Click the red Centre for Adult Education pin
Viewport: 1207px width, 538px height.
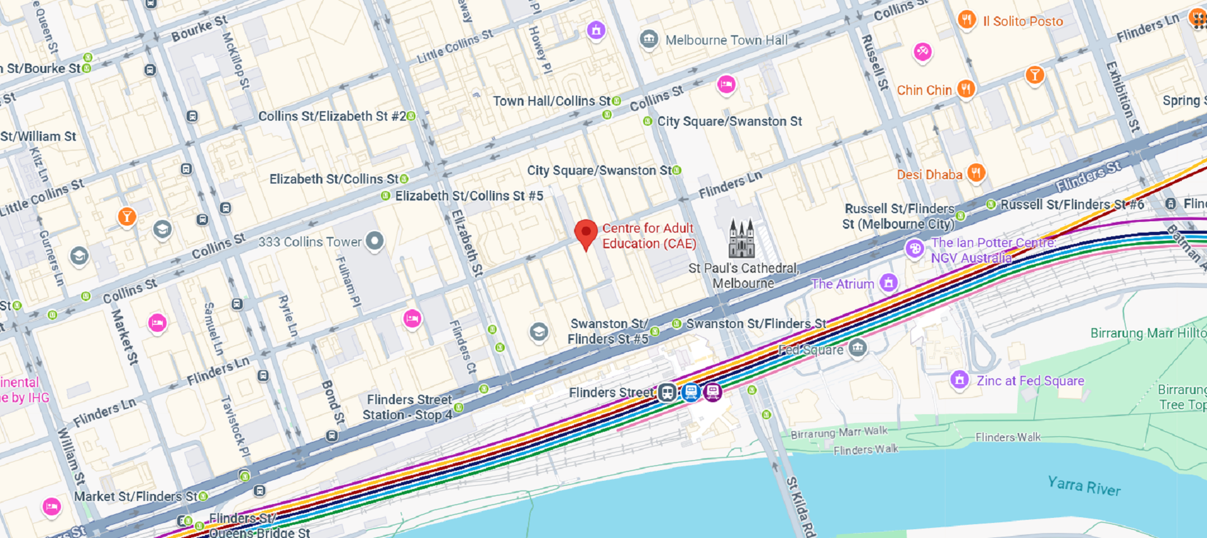[586, 233]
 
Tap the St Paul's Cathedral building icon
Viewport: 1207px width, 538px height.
[741, 239]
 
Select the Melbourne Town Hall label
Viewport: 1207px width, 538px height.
[726, 40]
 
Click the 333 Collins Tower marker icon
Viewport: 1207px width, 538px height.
[375, 241]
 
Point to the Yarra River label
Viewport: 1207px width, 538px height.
[1084, 486]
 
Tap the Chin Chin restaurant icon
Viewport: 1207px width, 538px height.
[966, 89]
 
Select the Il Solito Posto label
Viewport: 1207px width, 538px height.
[1023, 21]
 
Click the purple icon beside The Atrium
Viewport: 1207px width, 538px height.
[888, 283]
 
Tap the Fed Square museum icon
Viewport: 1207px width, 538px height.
[857, 348]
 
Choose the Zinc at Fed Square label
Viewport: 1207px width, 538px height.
[1030, 381]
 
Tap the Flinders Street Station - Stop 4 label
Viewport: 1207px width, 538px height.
[408, 407]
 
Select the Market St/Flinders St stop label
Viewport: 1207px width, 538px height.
[136, 497]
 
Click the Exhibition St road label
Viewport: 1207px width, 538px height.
[1123, 96]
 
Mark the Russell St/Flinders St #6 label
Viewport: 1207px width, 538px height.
[1072, 204]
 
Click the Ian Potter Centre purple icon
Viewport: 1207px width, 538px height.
[914, 249]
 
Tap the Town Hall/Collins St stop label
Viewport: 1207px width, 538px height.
[551, 101]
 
